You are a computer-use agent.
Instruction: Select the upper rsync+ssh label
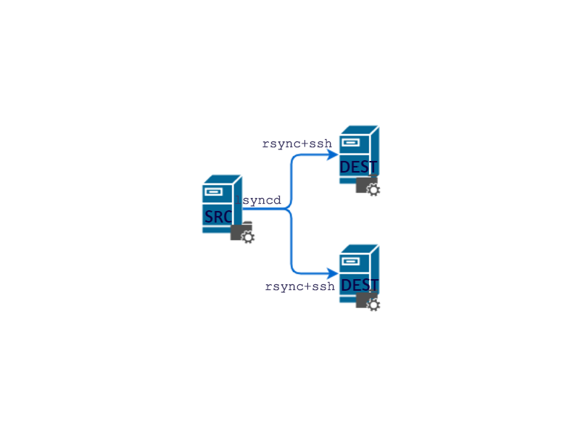[x=297, y=144]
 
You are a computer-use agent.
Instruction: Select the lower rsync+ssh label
[x=299, y=286]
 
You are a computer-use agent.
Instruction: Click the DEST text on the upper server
[x=358, y=167]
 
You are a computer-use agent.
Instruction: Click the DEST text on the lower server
[x=360, y=285]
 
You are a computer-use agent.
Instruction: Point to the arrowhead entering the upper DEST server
[x=333, y=154]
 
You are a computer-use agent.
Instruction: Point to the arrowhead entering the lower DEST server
[x=333, y=273]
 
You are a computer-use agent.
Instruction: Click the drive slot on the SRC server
[x=212, y=192]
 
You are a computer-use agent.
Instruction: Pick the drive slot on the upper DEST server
[x=350, y=143]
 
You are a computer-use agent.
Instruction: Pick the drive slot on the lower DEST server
[x=350, y=261]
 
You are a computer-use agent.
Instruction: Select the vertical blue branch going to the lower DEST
[x=291, y=243]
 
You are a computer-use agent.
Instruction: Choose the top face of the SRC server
[x=222, y=178]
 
